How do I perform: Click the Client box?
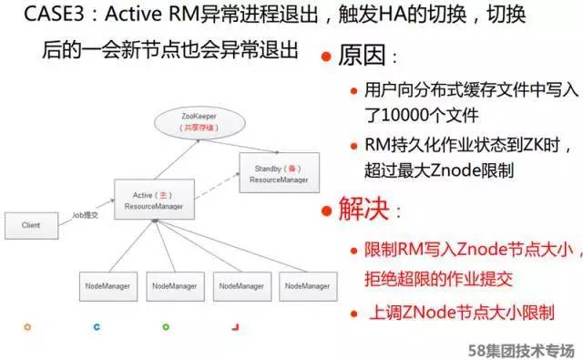[x=30, y=224]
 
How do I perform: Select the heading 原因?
[x=364, y=57]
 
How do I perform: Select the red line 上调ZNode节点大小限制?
[x=460, y=313]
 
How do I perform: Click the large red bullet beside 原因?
[x=325, y=57]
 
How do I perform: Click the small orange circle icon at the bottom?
[x=27, y=325]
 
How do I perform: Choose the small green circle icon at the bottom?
[x=165, y=325]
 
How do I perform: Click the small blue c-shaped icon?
[x=96, y=325]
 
